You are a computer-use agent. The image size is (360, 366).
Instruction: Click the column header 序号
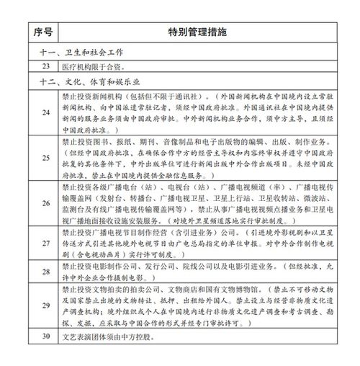click(45, 32)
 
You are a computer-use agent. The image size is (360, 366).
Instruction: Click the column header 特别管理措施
click(197, 32)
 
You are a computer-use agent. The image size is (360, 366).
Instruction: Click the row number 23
click(45, 67)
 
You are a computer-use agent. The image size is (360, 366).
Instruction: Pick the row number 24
click(45, 112)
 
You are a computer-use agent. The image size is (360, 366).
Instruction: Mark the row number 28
click(45, 274)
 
